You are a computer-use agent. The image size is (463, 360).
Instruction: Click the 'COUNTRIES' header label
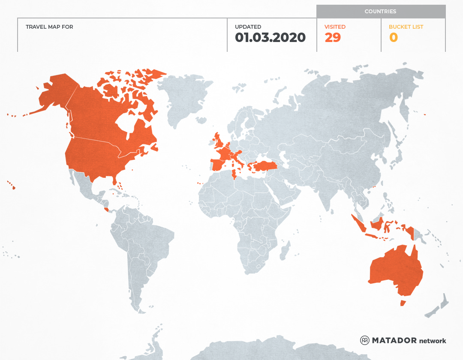[x=380, y=12]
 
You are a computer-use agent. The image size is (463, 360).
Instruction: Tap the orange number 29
[x=333, y=38]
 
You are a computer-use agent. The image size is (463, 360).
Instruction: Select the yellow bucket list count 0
[x=393, y=38]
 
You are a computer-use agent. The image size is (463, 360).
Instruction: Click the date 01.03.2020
[x=270, y=38]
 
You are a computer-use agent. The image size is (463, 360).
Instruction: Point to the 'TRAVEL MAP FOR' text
[x=49, y=27]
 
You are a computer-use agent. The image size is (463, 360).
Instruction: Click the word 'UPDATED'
[x=248, y=27]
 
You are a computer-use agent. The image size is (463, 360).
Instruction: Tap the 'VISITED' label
[x=335, y=27]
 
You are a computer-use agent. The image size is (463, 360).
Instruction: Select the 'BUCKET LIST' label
[x=406, y=27]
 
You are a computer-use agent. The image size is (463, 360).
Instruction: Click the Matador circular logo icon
[x=364, y=340]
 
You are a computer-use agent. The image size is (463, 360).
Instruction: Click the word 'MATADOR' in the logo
[x=394, y=340]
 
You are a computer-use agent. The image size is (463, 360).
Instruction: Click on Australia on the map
[x=394, y=270]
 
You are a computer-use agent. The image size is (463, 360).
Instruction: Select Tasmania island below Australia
[x=403, y=303]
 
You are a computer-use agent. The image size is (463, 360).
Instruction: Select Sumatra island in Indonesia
[x=359, y=224]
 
